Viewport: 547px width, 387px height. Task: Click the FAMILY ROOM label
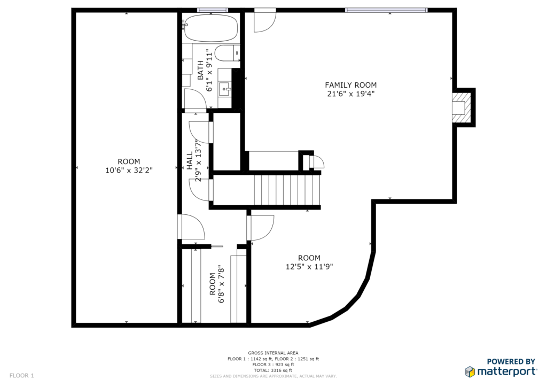(x=350, y=85)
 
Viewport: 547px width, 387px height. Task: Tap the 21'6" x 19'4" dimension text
(x=350, y=94)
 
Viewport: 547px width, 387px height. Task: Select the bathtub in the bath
(x=210, y=28)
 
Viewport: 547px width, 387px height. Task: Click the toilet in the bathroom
(x=227, y=53)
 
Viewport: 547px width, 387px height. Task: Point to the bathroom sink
(x=224, y=89)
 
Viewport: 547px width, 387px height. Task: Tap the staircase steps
(x=286, y=190)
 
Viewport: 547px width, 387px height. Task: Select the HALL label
(x=190, y=160)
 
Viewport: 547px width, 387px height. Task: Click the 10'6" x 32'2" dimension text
(x=129, y=171)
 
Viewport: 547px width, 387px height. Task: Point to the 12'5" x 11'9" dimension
(x=309, y=267)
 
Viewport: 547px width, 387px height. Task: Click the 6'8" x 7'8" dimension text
(x=221, y=284)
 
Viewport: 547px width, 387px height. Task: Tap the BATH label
(x=200, y=70)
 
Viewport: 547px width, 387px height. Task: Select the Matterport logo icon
(x=470, y=372)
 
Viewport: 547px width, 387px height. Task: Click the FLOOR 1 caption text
(x=21, y=375)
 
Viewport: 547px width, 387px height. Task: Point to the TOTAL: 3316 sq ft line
(x=273, y=370)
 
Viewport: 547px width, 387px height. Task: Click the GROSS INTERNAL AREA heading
(x=273, y=353)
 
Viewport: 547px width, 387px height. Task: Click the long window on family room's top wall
(x=386, y=10)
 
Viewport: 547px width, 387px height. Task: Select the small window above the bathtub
(x=213, y=10)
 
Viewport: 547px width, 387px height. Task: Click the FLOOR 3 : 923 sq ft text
(x=273, y=365)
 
